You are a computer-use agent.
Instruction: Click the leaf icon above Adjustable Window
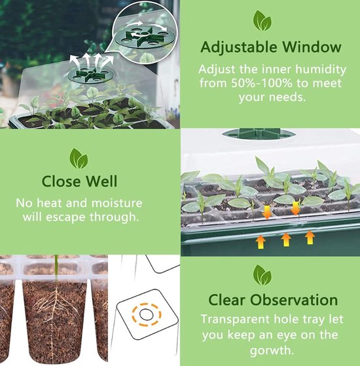262,22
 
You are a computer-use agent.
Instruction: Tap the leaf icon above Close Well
79,158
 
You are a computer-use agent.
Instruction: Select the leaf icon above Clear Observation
262,275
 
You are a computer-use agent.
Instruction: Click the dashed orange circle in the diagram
148,315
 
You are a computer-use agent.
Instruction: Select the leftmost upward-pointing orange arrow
261,242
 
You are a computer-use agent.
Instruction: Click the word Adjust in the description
219,69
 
